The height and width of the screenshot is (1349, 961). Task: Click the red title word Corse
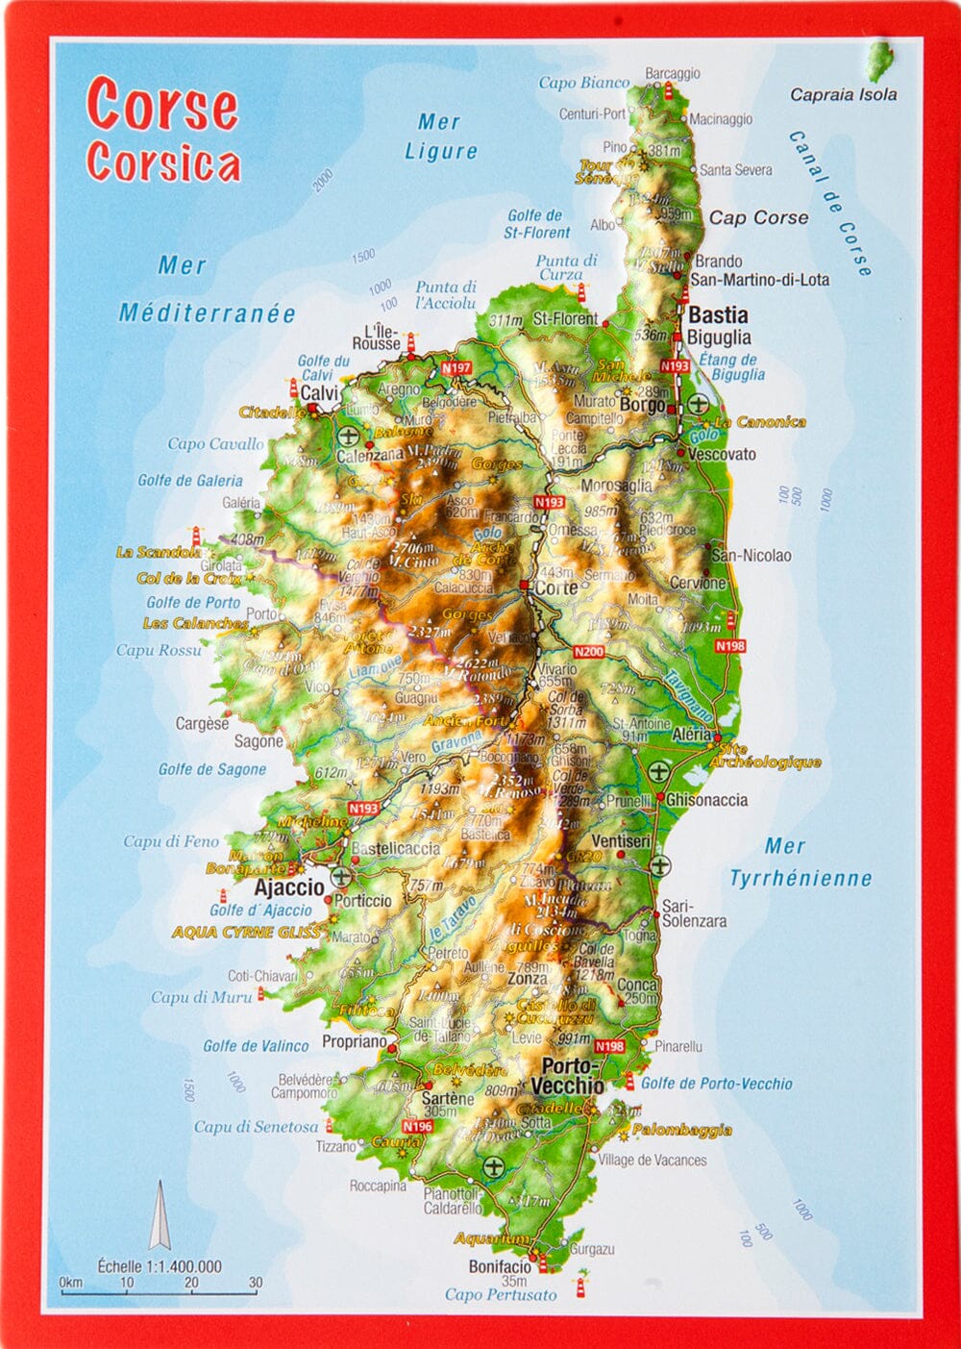coord(161,105)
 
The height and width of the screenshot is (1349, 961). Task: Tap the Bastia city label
coord(718,314)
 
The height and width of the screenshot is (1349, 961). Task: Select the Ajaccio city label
coord(289,887)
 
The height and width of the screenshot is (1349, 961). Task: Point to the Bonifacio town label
coord(500,1265)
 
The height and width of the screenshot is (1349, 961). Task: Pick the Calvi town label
coord(320,393)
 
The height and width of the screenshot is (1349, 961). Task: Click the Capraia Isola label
coord(843,94)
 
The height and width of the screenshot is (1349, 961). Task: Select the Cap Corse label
coord(758,217)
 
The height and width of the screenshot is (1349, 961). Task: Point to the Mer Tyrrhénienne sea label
coord(800,862)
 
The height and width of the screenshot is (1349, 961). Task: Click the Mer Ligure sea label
coord(440,137)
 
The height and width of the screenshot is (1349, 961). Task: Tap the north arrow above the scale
coord(159,1215)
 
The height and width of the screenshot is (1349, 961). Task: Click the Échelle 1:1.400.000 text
coord(160,1266)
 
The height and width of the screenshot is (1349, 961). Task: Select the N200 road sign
coord(588,651)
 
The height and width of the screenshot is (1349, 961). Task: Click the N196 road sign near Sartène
coord(417,1126)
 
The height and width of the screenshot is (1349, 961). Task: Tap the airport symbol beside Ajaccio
coord(341,877)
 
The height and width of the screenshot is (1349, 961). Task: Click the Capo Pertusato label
coord(500,1295)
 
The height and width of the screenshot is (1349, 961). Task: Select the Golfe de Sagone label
coord(211,769)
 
